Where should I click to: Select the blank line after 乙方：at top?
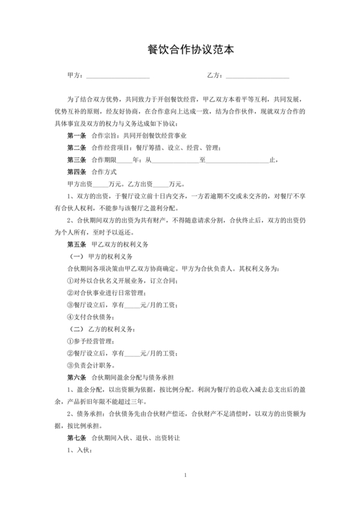tap(256, 76)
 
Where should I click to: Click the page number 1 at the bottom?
tap(185, 476)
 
